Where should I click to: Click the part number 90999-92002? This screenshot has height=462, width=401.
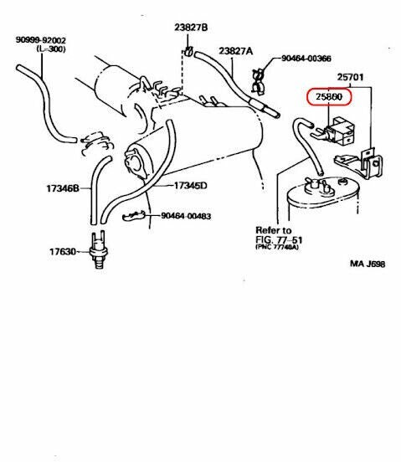pyautogui.click(x=41, y=39)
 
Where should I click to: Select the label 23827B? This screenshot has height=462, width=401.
pyautogui.click(x=192, y=28)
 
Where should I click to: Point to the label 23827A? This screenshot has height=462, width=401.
pyautogui.click(x=235, y=51)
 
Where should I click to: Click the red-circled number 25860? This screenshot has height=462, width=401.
pyautogui.click(x=329, y=98)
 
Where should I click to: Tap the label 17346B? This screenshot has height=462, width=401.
pyautogui.click(x=62, y=189)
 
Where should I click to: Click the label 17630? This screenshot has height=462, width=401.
pyautogui.click(x=62, y=250)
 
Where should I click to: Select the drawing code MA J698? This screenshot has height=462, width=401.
pyautogui.click(x=367, y=264)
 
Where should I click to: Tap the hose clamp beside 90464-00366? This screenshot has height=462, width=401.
pyautogui.click(x=260, y=76)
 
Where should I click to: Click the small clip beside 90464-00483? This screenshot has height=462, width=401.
pyautogui.click(x=134, y=218)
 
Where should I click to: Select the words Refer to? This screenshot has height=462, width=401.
pyautogui.click(x=273, y=229)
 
